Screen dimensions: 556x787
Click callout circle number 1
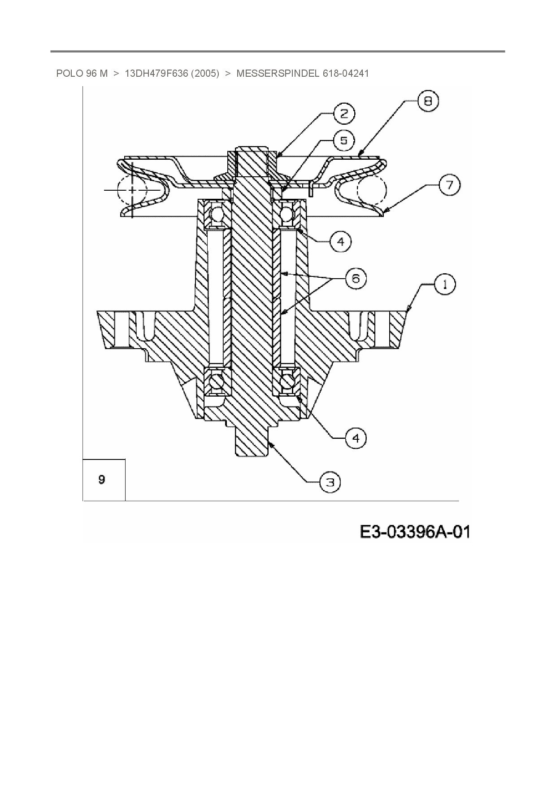pyautogui.click(x=444, y=284)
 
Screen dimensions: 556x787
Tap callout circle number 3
pyautogui.click(x=330, y=482)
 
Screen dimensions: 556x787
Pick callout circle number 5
pyautogui.click(x=343, y=141)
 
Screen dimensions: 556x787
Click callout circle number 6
pyautogui.click(x=356, y=279)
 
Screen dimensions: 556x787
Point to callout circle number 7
pyautogui.click(x=449, y=185)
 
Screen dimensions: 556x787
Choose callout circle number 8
pyautogui.click(x=428, y=101)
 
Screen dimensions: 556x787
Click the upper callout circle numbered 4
pyautogui.click(x=341, y=242)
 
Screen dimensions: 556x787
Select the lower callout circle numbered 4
pyautogui.click(x=356, y=437)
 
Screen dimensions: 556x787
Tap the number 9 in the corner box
pyautogui.click(x=102, y=480)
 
